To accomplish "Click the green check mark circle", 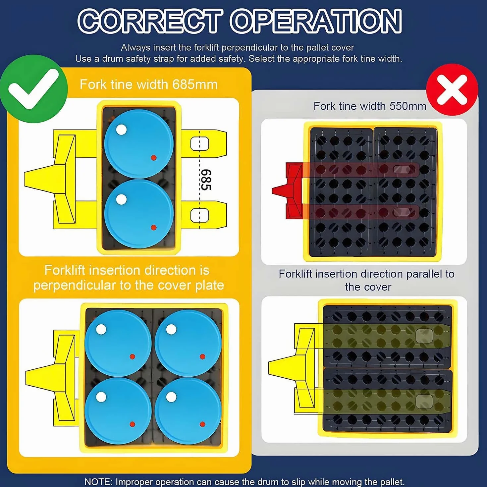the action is [33, 88].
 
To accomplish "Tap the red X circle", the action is [452, 90].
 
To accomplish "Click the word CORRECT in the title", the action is [150, 21].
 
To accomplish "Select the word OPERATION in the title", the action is [316, 21].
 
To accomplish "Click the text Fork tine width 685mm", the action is [149, 84].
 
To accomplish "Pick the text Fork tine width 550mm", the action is [370, 106].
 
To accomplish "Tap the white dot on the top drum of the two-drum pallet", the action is [121, 130].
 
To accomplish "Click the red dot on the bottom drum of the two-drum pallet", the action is [153, 228].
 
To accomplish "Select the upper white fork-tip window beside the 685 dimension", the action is [200, 143].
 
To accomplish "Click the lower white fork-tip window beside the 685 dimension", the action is [200, 216].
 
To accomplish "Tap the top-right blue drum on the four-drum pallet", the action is [188, 343].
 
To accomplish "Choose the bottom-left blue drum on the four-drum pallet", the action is [118, 411].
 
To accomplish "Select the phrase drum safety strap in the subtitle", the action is [138, 59].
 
